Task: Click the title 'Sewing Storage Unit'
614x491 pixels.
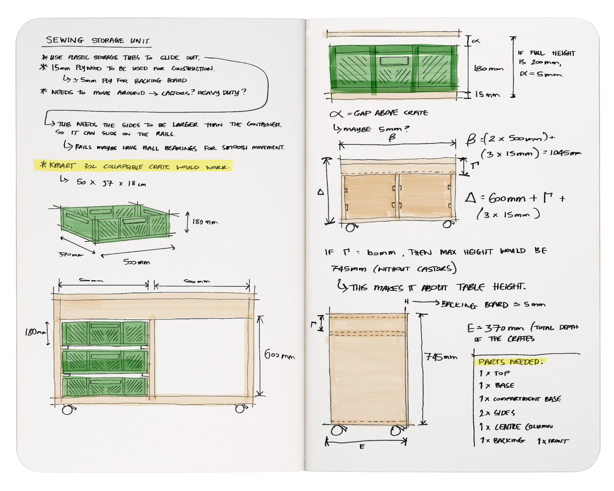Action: click(98, 41)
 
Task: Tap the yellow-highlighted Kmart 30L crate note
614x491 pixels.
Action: click(134, 166)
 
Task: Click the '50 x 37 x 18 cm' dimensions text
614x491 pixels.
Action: click(111, 183)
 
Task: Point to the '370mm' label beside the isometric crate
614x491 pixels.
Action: click(71, 254)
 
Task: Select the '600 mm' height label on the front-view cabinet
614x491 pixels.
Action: click(279, 355)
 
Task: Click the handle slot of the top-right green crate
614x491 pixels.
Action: click(394, 61)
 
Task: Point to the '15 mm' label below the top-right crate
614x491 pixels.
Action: click(487, 95)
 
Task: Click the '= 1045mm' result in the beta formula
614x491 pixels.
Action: click(562, 153)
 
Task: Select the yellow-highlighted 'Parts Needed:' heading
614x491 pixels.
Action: click(510, 362)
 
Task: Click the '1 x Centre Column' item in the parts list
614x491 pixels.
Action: click(516, 427)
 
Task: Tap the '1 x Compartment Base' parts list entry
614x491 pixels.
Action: click(520, 399)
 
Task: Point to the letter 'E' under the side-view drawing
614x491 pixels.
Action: click(362, 447)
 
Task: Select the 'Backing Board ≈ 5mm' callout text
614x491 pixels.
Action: click(493, 304)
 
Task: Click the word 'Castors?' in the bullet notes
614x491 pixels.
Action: click(178, 93)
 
